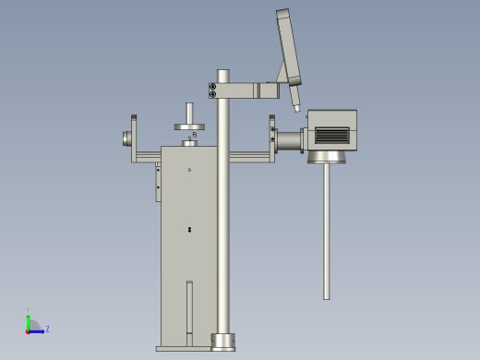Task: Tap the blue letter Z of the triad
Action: (x=47, y=329)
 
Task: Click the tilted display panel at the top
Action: (x=288, y=46)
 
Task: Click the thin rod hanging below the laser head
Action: (x=326, y=231)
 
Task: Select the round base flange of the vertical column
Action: (x=223, y=342)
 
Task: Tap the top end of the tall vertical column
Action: (x=223, y=73)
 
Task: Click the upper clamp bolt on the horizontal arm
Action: (x=213, y=87)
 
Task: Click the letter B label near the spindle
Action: (x=195, y=135)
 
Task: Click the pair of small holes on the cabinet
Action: (x=189, y=230)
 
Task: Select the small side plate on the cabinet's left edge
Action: (x=158, y=182)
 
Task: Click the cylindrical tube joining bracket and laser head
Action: (x=291, y=141)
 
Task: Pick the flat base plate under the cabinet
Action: (x=185, y=349)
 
